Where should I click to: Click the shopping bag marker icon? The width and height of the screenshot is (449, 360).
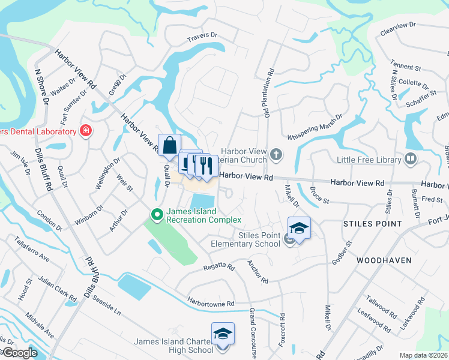coord(169,145)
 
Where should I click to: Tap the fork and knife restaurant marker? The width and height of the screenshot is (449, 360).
coord(206,165)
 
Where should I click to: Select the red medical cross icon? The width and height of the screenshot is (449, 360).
coord(86,131)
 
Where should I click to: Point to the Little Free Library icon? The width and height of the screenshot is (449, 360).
coord(411,159)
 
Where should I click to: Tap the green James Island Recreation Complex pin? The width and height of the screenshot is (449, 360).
coord(157,214)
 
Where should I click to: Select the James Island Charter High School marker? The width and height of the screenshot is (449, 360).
coord(223,333)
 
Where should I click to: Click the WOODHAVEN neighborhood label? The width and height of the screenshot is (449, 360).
coord(383,261)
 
